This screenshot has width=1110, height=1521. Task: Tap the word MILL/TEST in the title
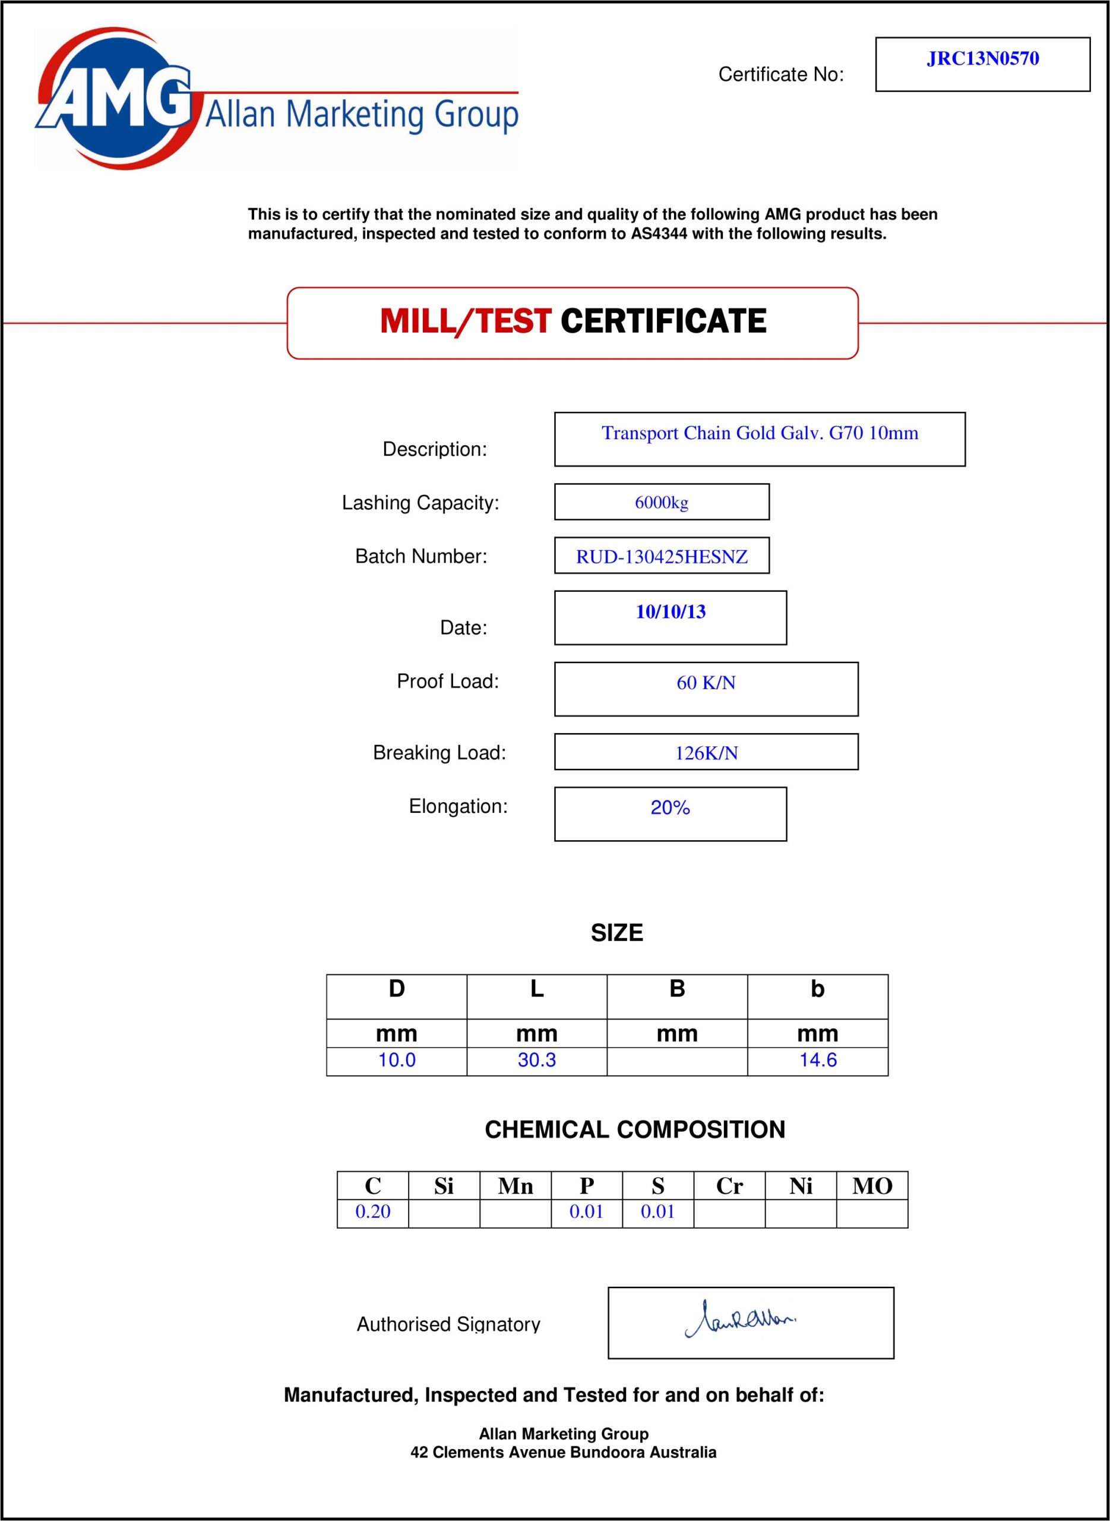point(466,321)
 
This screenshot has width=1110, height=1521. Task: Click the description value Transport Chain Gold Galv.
point(759,433)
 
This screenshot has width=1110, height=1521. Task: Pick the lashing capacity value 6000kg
point(661,503)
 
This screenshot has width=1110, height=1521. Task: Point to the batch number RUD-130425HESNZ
point(661,557)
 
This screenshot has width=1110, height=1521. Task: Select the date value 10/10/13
point(671,611)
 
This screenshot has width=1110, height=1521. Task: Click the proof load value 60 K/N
point(706,683)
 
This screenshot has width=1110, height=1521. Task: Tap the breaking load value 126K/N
point(706,753)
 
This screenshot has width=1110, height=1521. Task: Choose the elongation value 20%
point(670,807)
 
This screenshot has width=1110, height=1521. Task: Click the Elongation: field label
point(458,806)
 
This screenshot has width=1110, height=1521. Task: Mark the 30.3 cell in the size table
point(536,1060)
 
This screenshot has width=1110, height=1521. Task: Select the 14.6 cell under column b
point(818,1060)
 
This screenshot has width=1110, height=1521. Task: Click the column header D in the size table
point(397,989)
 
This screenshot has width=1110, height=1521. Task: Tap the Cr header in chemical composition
point(729,1186)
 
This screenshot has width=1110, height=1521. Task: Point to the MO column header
point(871,1186)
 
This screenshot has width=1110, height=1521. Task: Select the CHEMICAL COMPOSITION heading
point(634,1130)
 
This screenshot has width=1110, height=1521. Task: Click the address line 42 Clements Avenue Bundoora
point(563,1453)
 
